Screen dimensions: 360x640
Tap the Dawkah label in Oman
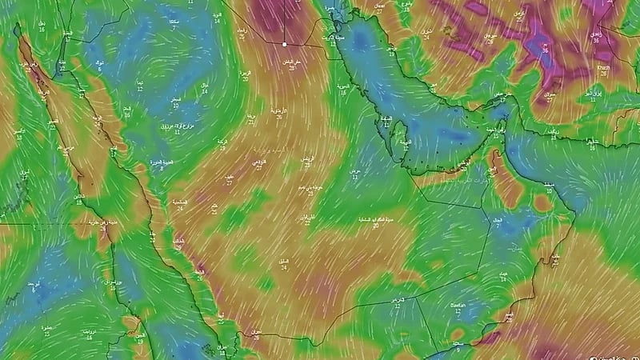[x=458, y=307]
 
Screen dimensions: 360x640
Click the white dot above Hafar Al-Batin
[x=284, y=44]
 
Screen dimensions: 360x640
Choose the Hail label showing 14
[x=204, y=88]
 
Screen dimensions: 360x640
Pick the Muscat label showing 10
[x=550, y=188]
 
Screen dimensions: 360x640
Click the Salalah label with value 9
[x=457, y=343]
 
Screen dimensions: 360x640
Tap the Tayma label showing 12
[x=140, y=86]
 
